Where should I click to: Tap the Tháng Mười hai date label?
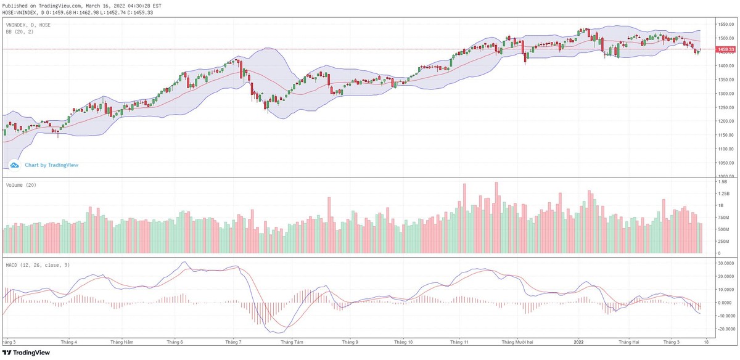coord(516,340)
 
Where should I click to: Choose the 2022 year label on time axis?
coord(579,340)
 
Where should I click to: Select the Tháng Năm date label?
coord(121,340)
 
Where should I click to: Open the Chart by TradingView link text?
coord(52,165)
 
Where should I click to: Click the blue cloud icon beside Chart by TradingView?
coord(14,165)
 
